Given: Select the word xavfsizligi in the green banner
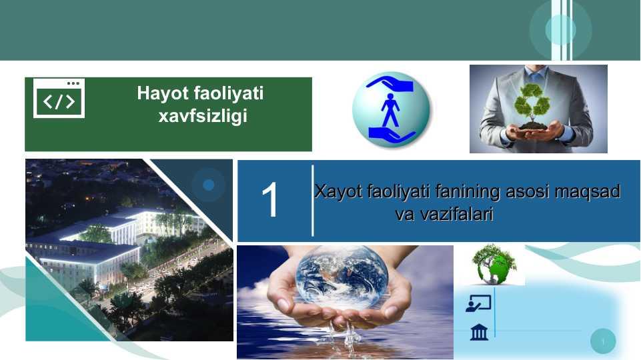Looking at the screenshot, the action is [x=203, y=115].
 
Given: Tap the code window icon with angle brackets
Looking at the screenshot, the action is [x=59, y=98].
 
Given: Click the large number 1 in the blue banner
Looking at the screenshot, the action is [x=270, y=200].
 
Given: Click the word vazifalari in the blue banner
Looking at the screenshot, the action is [x=444, y=214].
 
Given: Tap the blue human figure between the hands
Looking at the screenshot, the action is [x=390, y=110].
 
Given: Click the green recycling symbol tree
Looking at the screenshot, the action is [x=532, y=103].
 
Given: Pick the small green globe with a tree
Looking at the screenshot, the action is [x=494, y=265].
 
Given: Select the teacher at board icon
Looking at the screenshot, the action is [x=478, y=303].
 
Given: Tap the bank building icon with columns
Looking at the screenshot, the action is [x=479, y=332].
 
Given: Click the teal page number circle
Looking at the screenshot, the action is [x=603, y=341].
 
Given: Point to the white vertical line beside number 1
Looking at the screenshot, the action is [x=313, y=201].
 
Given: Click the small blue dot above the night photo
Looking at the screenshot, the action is [x=209, y=185].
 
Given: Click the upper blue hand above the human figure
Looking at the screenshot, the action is [x=390, y=83].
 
